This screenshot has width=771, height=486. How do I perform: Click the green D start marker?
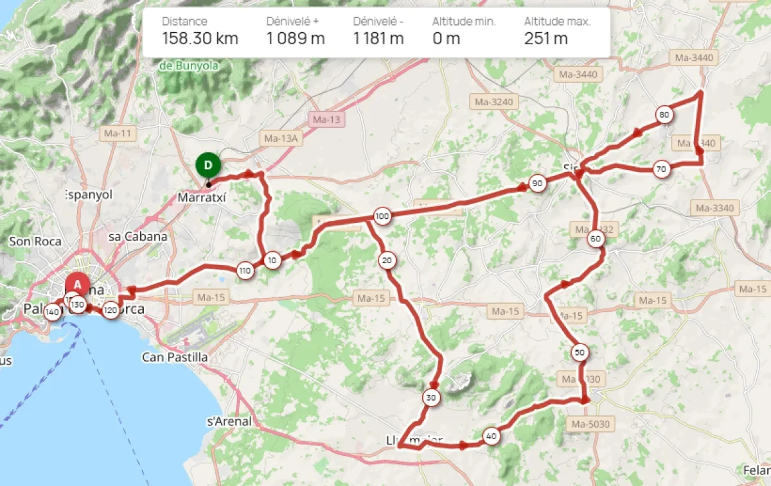pos(208,165)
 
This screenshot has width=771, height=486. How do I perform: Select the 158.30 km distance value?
pos(200,39)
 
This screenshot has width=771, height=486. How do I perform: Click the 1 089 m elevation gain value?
pos(296,39)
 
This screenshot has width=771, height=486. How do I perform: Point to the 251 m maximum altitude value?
pos(545,39)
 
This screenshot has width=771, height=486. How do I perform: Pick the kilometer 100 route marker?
pos(382,216)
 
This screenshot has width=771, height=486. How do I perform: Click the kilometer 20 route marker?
pos(387,261)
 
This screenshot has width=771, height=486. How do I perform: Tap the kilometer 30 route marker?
pos(431,398)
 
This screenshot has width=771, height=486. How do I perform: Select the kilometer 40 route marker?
pos(492,437)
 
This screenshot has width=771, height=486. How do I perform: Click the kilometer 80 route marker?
pos(664,116)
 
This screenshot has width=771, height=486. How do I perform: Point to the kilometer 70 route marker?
pos(660,169)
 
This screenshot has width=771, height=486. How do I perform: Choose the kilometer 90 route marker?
pos(537,184)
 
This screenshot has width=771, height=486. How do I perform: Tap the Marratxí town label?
pos(202,198)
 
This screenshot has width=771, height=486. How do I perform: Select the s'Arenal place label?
pos(229,422)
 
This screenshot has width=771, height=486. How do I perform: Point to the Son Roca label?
pos(35,241)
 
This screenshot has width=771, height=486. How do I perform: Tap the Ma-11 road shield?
pos(116,134)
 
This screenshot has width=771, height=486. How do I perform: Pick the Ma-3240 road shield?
pos(493,101)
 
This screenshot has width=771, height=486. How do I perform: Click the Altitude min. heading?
pos(464,21)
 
